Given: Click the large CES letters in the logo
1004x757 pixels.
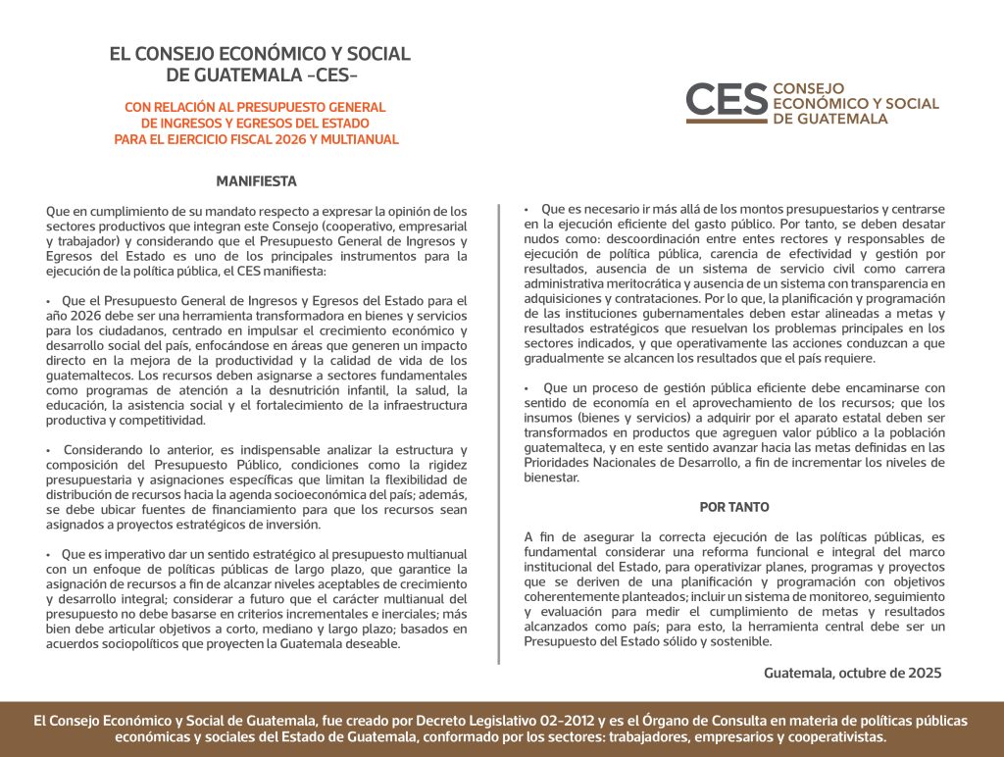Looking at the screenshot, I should (x=727, y=99).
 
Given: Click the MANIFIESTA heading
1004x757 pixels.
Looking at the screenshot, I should (x=256, y=181).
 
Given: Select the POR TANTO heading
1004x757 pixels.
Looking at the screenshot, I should (x=734, y=507).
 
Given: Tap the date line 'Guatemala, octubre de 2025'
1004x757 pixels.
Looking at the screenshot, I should (x=852, y=673).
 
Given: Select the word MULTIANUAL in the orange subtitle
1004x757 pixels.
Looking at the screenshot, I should (x=368, y=139).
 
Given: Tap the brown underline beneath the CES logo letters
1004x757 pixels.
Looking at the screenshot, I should (x=727, y=121).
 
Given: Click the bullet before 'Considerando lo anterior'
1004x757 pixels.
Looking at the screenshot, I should (x=48, y=450).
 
